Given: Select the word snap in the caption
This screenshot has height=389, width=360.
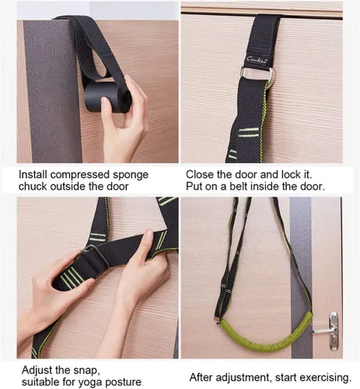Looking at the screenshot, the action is (86, 370).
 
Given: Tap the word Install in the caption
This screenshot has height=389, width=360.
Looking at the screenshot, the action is (33, 174).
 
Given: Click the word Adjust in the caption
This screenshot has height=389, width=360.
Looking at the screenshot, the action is (38, 370).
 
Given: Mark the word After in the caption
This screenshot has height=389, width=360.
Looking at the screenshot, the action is (201, 377).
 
